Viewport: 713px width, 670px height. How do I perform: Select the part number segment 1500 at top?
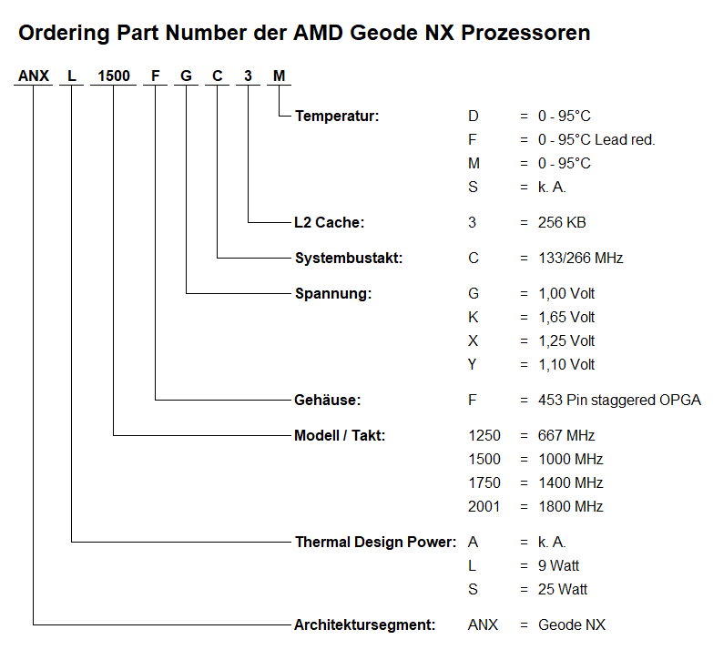pyautogui.click(x=114, y=76)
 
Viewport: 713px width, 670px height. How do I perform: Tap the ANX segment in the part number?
pyautogui.click(x=34, y=76)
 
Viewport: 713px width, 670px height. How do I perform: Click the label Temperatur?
pyautogui.click(x=337, y=116)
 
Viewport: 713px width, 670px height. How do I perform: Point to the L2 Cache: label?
pyautogui.click(x=330, y=222)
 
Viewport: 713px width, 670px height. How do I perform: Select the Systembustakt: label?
pyautogui.click(x=349, y=258)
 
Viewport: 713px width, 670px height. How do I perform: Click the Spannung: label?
pyautogui.click(x=333, y=294)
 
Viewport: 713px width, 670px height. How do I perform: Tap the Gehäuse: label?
pyautogui.click(x=328, y=400)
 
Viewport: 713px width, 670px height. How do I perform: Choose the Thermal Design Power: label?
pyautogui.click(x=375, y=542)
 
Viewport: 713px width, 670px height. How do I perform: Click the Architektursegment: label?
pyautogui.click(x=364, y=624)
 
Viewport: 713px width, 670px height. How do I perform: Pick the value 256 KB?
pyautogui.click(x=562, y=222)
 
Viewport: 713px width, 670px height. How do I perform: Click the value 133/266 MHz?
pyautogui.click(x=581, y=258)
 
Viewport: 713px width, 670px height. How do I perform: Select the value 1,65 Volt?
pyautogui.click(x=566, y=317)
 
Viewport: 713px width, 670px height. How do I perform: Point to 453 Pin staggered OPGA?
pyautogui.click(x=620, y=400)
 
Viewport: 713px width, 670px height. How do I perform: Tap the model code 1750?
pyautogui.click(x=484, y=482)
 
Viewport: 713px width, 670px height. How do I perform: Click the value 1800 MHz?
pyautogui.click(x=571, y=506)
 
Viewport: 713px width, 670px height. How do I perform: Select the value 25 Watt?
pyautogui.click(x=563, y=589)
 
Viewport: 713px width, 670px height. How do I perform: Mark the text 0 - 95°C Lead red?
pyautogui.click(x=596, y=139)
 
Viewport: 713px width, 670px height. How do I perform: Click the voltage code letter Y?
pyautogui.click(x=473, y=364)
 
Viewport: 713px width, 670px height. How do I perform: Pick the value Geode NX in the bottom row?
pyautogui.click(x=572, y=624)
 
